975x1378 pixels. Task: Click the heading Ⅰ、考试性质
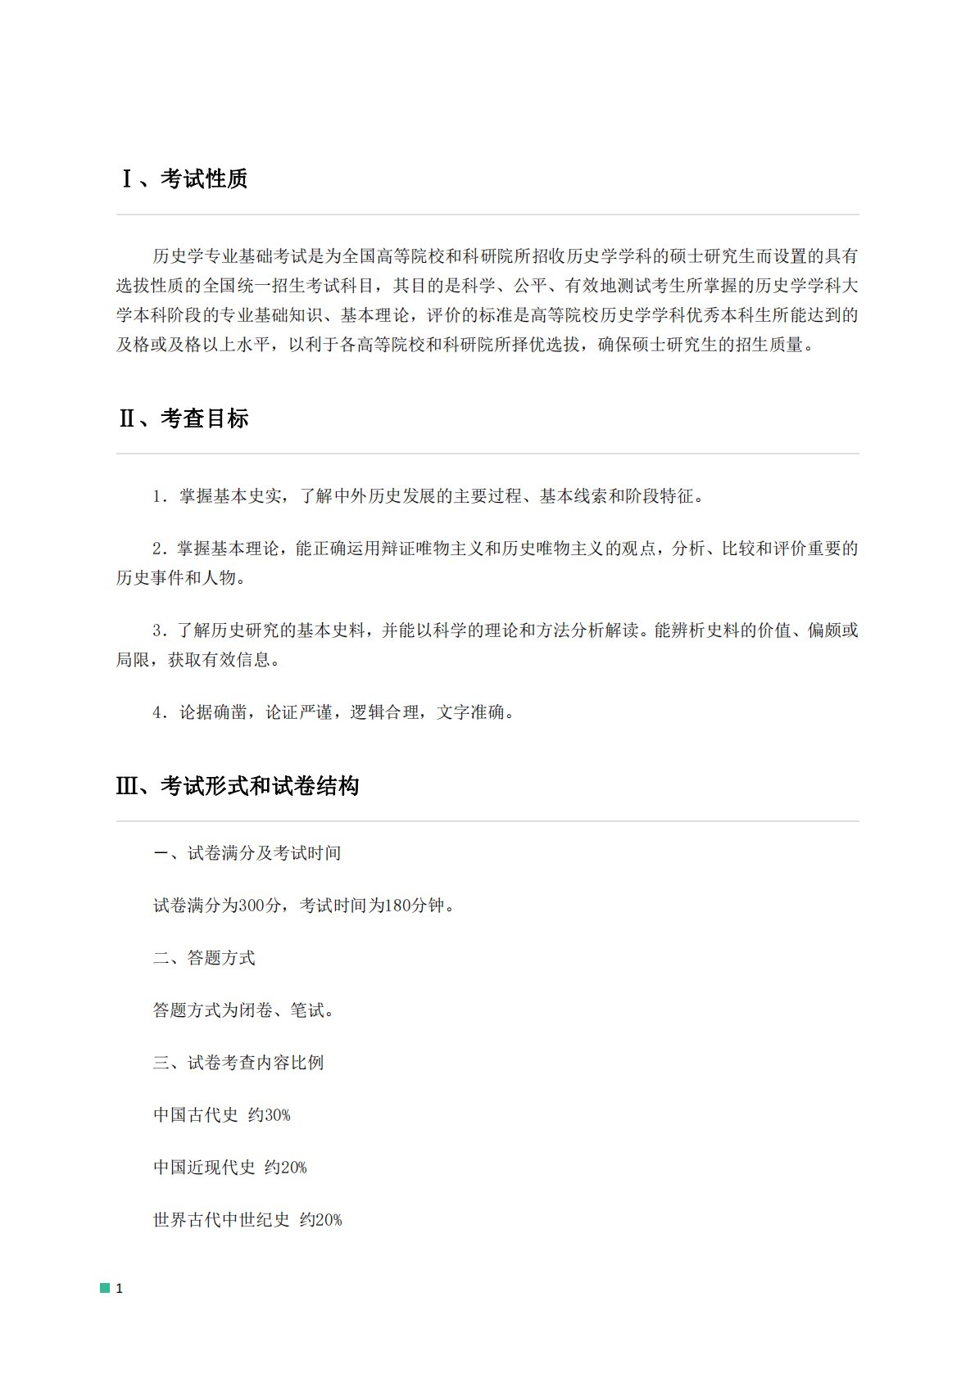click(184, 178)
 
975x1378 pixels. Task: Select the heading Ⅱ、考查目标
click(184, 418)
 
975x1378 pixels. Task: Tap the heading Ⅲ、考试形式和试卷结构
click(238, 786)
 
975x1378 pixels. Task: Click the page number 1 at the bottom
click(120, 1288)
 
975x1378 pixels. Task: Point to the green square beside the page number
click(105, 1288)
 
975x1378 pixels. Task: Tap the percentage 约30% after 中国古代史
click(270, 1115)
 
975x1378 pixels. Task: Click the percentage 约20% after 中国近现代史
click(286, 1168)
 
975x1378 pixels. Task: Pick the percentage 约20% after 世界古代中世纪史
click(321, 1220)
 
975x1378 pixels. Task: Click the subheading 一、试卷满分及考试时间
click(247, 853)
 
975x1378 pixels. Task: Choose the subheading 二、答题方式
click(204, 958)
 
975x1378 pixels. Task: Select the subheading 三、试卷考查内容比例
click(238, 1063)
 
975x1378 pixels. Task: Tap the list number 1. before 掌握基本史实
click(161, 496)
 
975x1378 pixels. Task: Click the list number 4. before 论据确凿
click(161, 712)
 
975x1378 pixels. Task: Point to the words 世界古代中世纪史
click(221, 1220)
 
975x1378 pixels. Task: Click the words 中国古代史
click(196, 1115)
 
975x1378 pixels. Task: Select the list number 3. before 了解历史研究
click(161, 630)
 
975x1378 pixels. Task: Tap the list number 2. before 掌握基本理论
click(161, 549)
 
